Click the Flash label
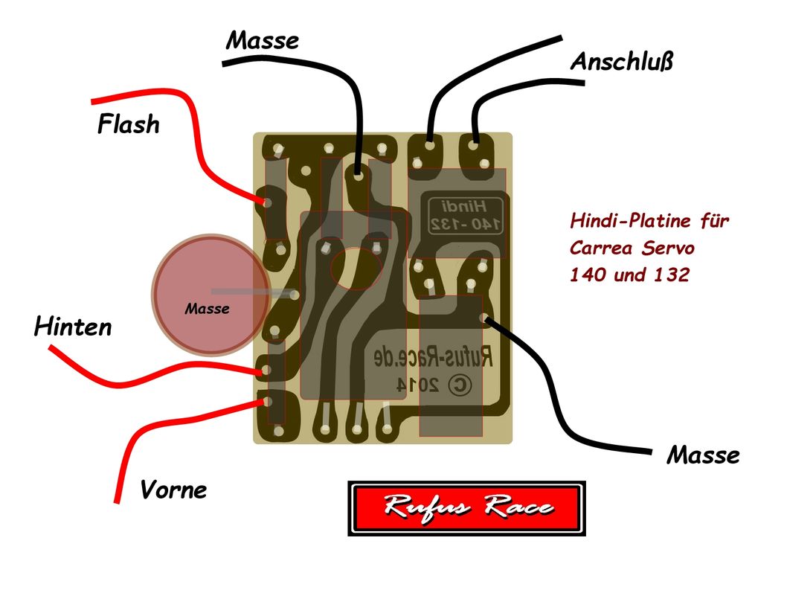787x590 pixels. click(x=128, y=124)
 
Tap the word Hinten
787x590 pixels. click(x=73, y=327)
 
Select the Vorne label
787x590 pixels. click(x=173, y=490)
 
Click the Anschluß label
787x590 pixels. click(x=622, y=62)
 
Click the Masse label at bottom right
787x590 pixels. click(x=703, y=455)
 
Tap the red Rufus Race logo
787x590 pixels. click(x=466, y=508)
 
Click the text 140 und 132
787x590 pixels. click(x=629, y=275)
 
